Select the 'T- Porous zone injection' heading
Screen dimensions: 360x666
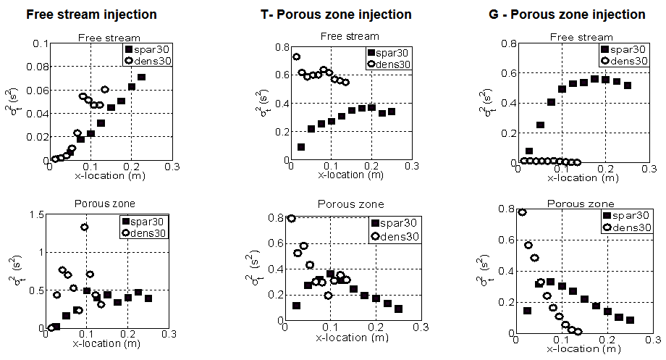(337, 14)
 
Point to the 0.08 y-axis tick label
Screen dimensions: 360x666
(33, 67)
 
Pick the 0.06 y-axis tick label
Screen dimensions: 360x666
(33, 91)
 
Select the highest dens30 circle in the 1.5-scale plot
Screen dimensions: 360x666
(85, 227)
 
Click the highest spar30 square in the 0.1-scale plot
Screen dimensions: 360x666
(142, 77)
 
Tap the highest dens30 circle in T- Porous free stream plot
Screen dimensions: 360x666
(296, 56)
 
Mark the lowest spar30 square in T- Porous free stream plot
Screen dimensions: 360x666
(301, 147)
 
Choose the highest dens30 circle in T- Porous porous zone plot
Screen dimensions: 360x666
(292, 218)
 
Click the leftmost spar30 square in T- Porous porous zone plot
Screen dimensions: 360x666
(296, 306)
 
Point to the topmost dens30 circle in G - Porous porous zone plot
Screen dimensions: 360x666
(522, 212)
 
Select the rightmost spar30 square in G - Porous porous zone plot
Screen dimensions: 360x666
(630, 320)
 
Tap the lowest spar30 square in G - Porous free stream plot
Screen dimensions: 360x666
(529, 151)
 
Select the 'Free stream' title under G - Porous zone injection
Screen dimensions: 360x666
(586, 37)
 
